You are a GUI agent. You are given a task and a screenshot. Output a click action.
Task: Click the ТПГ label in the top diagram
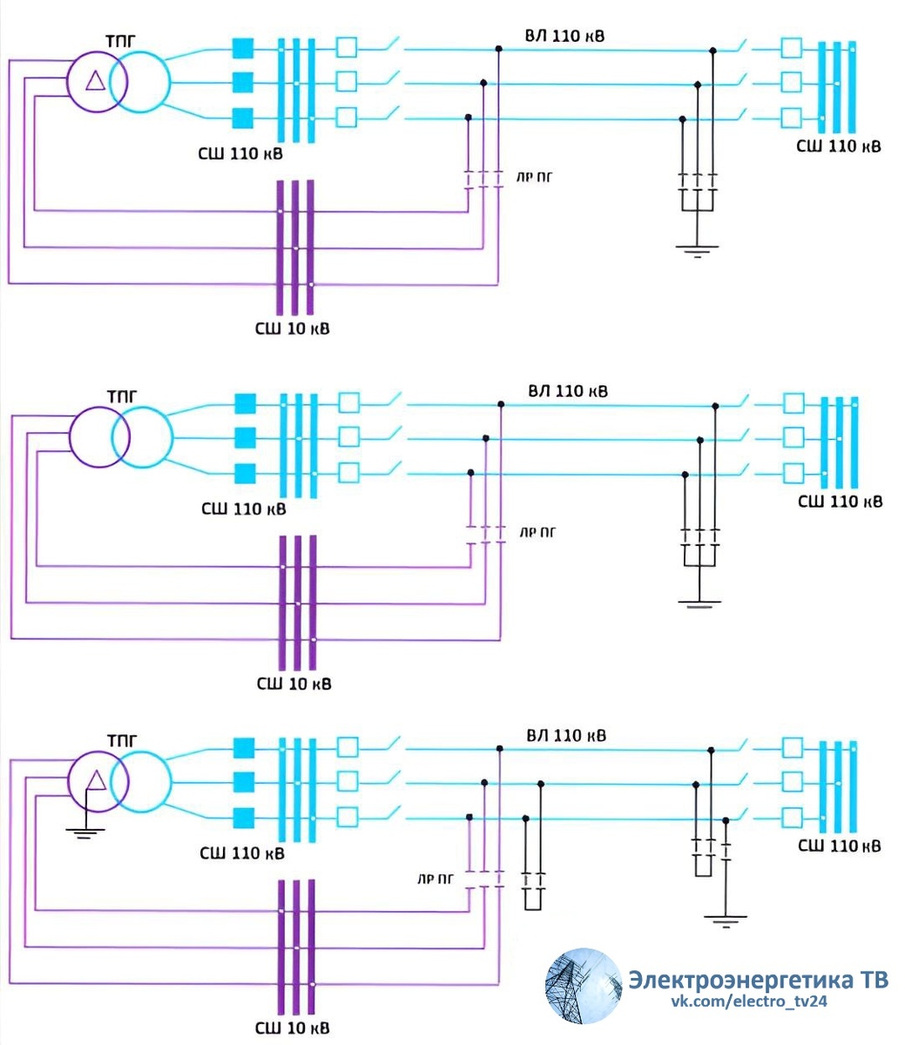(x=121, y=42)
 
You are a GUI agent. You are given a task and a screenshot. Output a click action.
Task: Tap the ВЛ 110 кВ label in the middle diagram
(x=567, y=391)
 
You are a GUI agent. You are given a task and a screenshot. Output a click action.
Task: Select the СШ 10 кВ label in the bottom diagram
(x=293, y=1028)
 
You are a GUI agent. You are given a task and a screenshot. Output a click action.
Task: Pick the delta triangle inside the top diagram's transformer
(x=95, y=81)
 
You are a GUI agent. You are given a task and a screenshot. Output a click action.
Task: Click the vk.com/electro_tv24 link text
(x=748, y=1001)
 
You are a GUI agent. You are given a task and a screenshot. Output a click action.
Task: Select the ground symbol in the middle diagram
(x=699, y=602)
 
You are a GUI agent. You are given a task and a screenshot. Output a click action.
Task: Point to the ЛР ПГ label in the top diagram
(x=536, y=177)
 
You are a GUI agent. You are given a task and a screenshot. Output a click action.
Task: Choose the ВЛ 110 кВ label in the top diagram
(x=564, y=37)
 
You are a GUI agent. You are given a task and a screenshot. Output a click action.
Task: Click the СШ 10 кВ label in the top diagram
(x=293, y=329)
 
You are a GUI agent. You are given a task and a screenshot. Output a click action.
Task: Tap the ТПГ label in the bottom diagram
(x=122, y=741)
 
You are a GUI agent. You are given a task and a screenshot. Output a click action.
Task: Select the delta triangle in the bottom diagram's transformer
(x=97, y=779)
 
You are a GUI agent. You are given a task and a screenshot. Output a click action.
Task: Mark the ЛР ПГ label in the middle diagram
(x=537, y=531)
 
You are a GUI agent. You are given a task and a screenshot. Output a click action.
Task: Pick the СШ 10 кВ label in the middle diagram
(x=294, y=684)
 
